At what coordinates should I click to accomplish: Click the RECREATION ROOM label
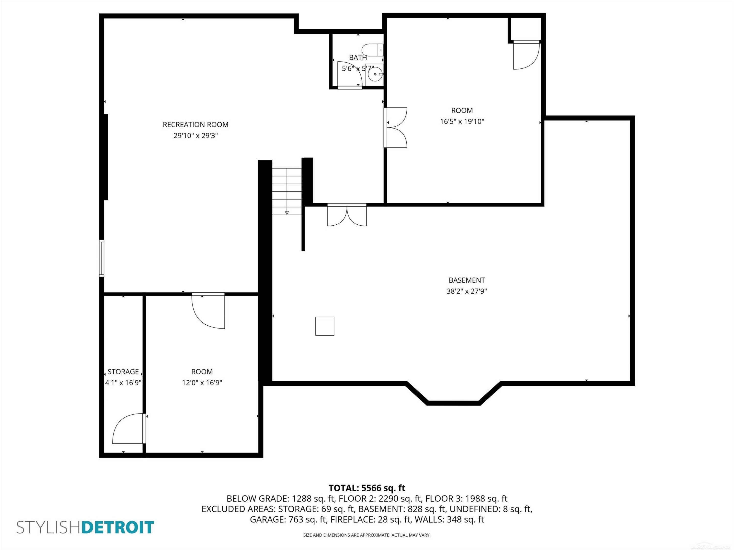click(x=195, y=125)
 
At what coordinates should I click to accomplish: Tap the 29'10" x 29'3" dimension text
click(x=195, y=136)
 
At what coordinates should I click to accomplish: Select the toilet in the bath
click(x=372, y=50)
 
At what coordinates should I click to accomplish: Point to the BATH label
click(x=358, y=57)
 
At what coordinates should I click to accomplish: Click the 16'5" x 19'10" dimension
click(x=462, y=121)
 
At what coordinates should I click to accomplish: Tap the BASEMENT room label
click(x=467, y=280)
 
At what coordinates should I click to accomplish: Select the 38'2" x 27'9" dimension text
click(x=467, y=291)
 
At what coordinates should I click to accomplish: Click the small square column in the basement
click(x=324, y=326)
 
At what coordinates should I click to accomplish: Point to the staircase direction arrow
click(x=287, y=213)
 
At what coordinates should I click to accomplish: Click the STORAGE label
click(x=123, y=372)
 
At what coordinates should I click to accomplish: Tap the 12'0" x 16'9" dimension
click(x=202, y=383)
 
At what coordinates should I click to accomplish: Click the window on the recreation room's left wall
click(x=102, y=258)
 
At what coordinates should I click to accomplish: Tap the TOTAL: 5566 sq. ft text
click(x=367, y=488)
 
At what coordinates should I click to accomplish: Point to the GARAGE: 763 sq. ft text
click(x=288, y=519)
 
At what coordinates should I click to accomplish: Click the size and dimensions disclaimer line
click(x=367, y=535)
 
